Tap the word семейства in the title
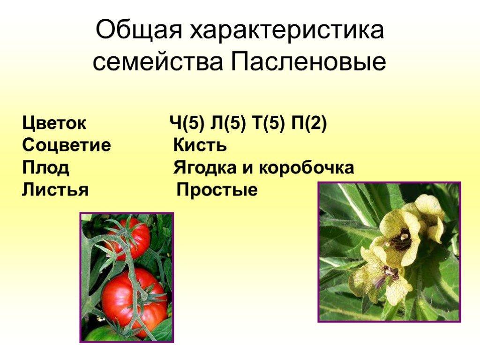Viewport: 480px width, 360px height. (x=157, y=61)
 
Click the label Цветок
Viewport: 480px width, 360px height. (x=54, y=123)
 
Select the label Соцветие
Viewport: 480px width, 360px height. (x=67, y=145)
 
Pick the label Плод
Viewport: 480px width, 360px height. (x=45, y=168)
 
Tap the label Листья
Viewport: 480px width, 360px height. (x=55, y=189)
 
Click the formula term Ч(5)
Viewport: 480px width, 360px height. (x=187, y=124)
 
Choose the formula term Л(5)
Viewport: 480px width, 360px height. (x=228, y=124)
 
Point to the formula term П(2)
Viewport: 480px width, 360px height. (x=308, y=124)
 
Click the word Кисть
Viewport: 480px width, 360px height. (x=200, y=145)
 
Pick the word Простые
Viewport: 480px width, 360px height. (x=217, y=190)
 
